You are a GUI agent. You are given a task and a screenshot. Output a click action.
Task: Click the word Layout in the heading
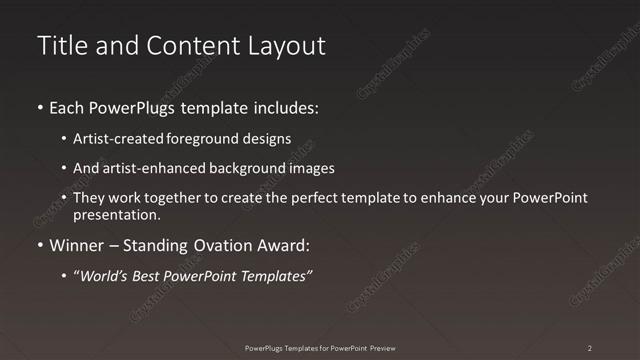289,45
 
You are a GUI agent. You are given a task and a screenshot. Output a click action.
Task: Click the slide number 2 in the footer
589,348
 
